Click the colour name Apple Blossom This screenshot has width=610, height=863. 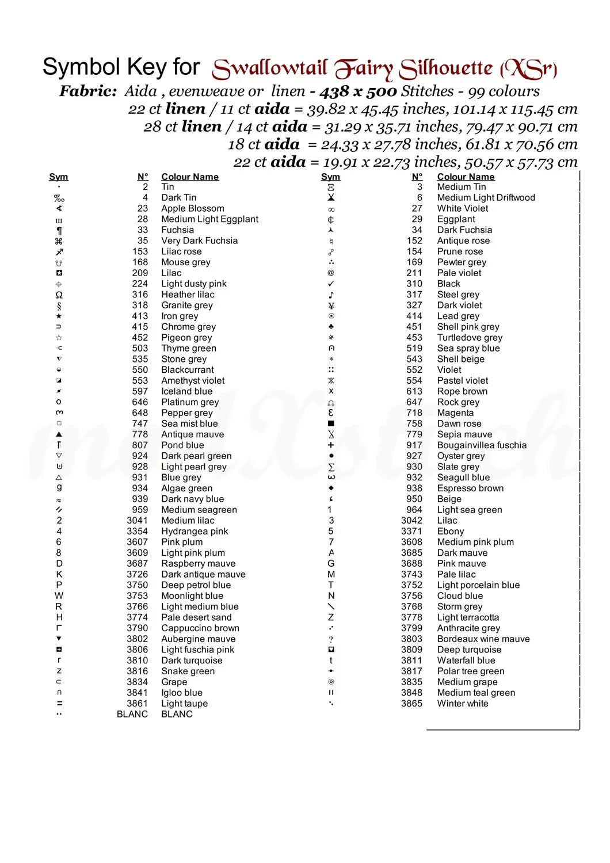pos(192,208)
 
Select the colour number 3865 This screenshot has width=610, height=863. pos(411,703)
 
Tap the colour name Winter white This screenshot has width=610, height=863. pos(462,703)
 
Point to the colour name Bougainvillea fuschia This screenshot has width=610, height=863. pos(482,445)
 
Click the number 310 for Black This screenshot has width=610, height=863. pos(414,284)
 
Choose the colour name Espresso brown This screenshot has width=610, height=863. pos(470,488)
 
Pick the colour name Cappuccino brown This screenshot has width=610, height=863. pos(200,628)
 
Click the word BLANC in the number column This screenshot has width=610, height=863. pos(132,714)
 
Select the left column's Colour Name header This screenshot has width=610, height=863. pos(189,177)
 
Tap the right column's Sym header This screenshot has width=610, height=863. pos(330,177)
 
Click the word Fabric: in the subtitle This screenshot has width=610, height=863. pos(88,91)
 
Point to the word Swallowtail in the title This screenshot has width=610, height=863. pos(270,69)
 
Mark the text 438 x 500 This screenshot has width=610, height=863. pos(359,91)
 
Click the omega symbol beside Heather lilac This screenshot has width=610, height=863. pos(59,295)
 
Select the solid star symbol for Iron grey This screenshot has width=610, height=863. pos(59,316)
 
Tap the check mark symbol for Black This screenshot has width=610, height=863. pos(331,284)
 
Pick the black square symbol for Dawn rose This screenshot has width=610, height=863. pos(331,423)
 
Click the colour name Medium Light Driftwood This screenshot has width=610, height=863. pos(486,197)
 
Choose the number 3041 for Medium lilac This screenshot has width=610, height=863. pos(137,520)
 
